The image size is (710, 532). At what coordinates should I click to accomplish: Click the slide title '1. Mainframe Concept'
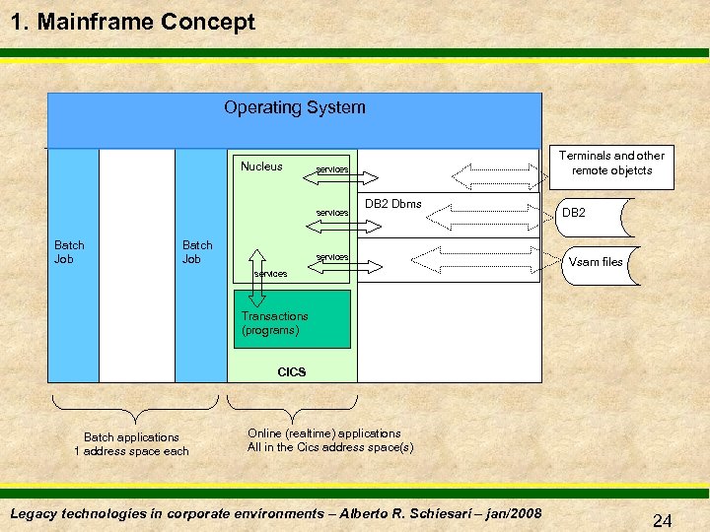[132, 22]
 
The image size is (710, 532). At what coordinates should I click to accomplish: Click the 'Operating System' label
[294, 107]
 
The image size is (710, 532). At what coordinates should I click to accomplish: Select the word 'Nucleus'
[261, 166]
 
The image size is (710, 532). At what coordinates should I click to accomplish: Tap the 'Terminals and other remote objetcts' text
[611, 163]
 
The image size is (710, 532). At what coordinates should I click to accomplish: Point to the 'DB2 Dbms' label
[392, 204]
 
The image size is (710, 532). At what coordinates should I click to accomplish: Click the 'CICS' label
[292, 372]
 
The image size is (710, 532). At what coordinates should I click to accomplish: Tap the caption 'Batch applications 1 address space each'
[132, 444]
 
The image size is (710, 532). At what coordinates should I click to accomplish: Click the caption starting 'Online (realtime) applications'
[329, 440]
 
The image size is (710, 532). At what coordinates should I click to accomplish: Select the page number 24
[662, 520]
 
